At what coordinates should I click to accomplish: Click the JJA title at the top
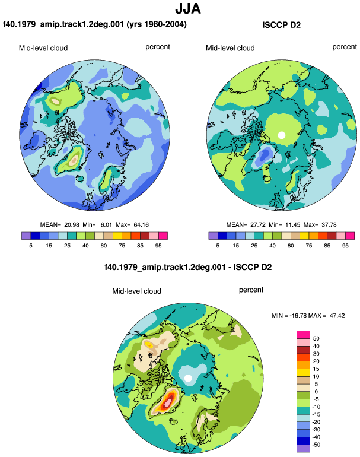pos(188,9)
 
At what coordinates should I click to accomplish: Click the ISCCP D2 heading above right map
pos(281,25)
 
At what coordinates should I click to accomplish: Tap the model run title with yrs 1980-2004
pos(95,24)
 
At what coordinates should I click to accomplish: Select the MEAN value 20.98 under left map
pos(72,225)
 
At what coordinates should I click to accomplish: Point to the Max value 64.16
pos(141,225)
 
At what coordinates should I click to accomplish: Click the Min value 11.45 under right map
pos(292,225)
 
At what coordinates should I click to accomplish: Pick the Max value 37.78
pos(329,225)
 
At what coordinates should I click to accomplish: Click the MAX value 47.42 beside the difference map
pos(337,315)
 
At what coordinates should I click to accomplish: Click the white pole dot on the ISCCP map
pos(281,135)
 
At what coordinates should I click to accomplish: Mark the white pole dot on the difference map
pos(188,378)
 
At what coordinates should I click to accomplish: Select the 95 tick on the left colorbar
pos(158,246)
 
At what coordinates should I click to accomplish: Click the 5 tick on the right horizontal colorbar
pos(218,246)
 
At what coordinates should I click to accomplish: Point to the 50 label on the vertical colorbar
pos(316,339)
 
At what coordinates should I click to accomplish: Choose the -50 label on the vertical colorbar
pos(316,445)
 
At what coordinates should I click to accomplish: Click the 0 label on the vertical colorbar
pos(316,392)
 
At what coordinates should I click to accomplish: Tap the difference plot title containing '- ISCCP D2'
pos(188,267)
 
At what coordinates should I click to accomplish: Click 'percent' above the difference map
pos(251,290)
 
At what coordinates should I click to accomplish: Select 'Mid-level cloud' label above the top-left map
pos(43,48)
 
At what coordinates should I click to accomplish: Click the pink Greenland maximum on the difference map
pos(167,402)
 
